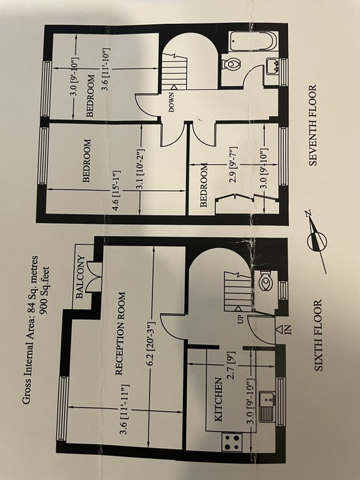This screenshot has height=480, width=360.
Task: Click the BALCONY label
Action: pyautogui.click(x=80, y=277)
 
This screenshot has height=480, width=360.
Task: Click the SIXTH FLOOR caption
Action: pyautogui.click(x=319, y=335)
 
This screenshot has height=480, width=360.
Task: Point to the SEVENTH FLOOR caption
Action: pyautogui.click(x=312, y=125)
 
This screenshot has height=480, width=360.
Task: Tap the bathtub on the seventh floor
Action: pyautogui.click(x=254, y=41)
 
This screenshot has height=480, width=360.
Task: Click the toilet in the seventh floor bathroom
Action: pyautogui.click(x=232, y=64)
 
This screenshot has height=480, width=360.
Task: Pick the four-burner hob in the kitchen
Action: pyautogui.click(x=232, y=442)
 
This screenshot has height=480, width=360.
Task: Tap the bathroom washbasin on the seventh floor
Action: pyautogui.click(x=273, y=66)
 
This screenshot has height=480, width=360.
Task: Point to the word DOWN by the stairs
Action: pyautogui.click(x=172, y=101)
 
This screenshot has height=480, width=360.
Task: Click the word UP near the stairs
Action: pyautogui.click(x=239, y=319)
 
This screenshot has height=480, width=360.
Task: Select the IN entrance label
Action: pyautogui.click(x=284, y=330)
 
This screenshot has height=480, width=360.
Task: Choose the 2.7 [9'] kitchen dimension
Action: pyautogui.click(x=232, y=365)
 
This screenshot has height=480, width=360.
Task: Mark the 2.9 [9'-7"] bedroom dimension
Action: pyautogui.click(x=233, y=166)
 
